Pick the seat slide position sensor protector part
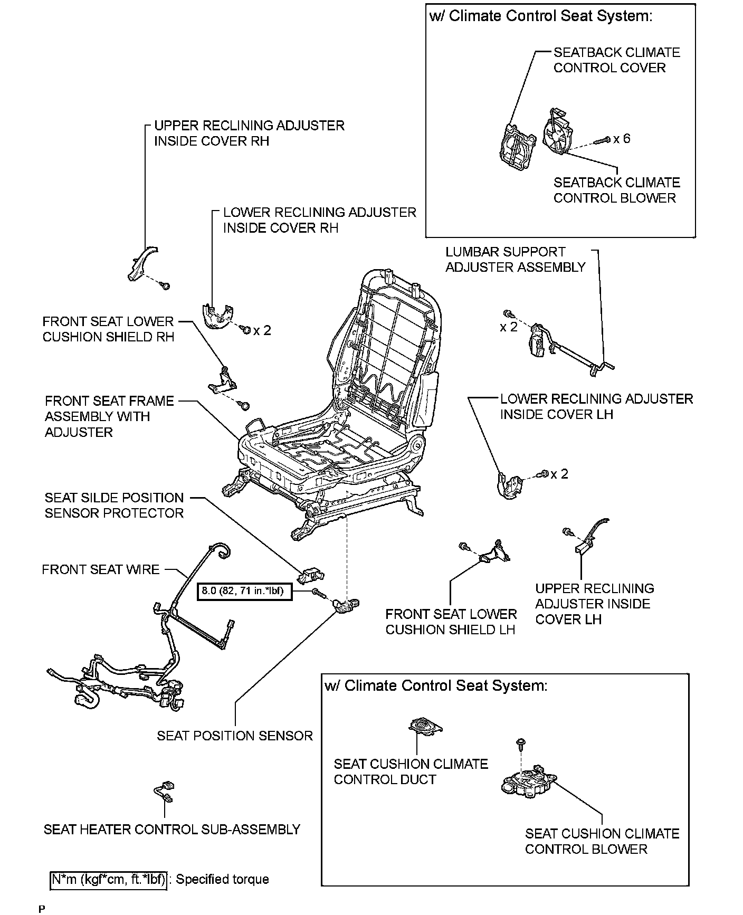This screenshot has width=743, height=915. click(311, 575)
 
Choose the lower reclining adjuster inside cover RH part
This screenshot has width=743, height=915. click(216, 316)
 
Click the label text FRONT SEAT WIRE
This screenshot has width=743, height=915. click(101, 569)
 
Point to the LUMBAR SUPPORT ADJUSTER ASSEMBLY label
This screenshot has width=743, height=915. click(515, 260)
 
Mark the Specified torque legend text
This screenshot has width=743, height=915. click(222, 879)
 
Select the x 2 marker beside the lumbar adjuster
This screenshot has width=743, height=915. click(509, 327)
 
